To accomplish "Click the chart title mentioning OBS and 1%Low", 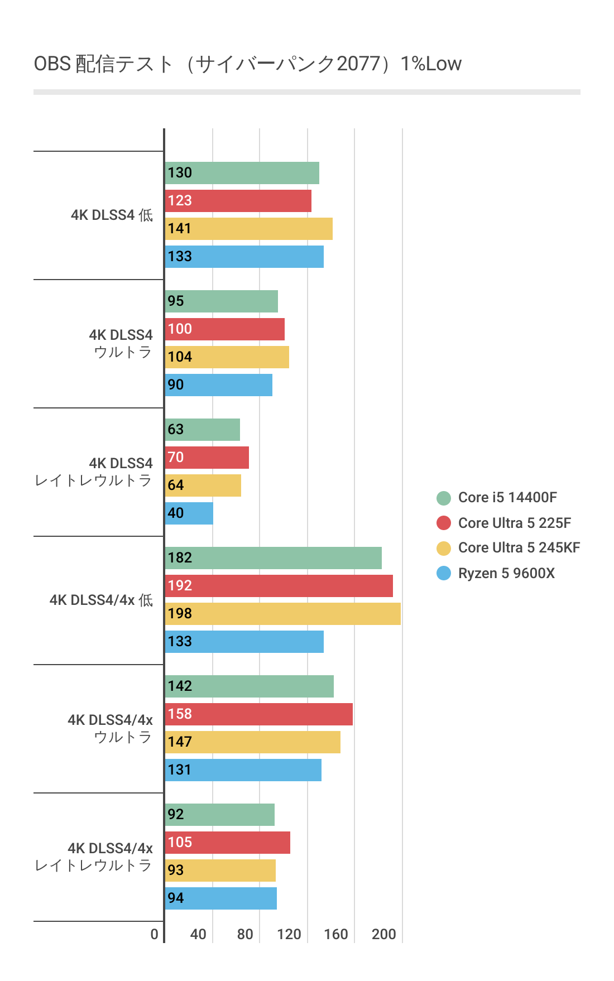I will point(247,64).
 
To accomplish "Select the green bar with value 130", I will point(242,173).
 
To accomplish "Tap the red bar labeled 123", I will point(238,201).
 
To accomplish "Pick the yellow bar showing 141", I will point(248,229).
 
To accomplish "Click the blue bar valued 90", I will point(218,385).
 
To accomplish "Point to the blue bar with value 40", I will point(189,513).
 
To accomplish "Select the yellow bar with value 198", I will point(282,614).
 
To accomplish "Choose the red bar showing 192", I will point(279,586).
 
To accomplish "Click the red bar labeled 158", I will point(258,714).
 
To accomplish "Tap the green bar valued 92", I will point(219,815).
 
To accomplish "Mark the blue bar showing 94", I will point(220,898).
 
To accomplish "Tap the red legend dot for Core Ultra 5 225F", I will point(444,523).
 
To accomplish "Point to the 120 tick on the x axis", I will point(289,934).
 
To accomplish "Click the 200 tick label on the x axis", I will point(384,934).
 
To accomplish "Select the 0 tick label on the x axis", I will point(155,934).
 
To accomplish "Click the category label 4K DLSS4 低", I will point(112,215).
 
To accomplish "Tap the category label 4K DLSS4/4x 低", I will point(101,600).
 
